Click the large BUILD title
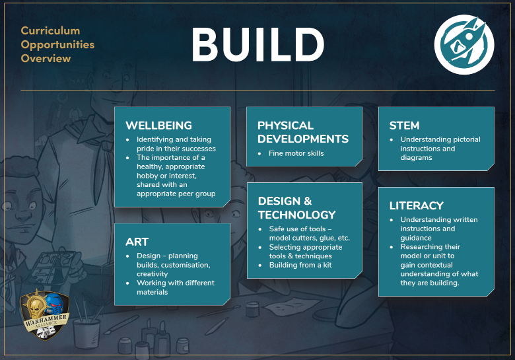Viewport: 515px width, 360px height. coord(257,45)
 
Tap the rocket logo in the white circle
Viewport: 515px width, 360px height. coord(463,44)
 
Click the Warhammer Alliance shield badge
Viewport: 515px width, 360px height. coord(45,314)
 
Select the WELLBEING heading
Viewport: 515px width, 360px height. coord(158,126)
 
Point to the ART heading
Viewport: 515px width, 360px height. coord(137,242)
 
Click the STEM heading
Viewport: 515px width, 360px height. coord(404,126)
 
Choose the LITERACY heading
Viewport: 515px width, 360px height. coord(417,205)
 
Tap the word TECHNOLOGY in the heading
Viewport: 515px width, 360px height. coord(296,215)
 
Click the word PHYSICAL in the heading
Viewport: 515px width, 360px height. coord(285,126)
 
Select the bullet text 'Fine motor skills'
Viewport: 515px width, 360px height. coord(296,153)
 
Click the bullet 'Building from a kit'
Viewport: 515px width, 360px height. coord(300,265)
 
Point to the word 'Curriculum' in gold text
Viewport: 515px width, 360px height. coord(50,31)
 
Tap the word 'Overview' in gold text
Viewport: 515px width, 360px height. coord(46,59)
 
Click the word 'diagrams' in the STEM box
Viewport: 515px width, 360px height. coord(416,158)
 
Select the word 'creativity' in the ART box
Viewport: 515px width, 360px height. coord(152,274)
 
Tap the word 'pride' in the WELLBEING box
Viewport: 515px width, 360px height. coord(146,149)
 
